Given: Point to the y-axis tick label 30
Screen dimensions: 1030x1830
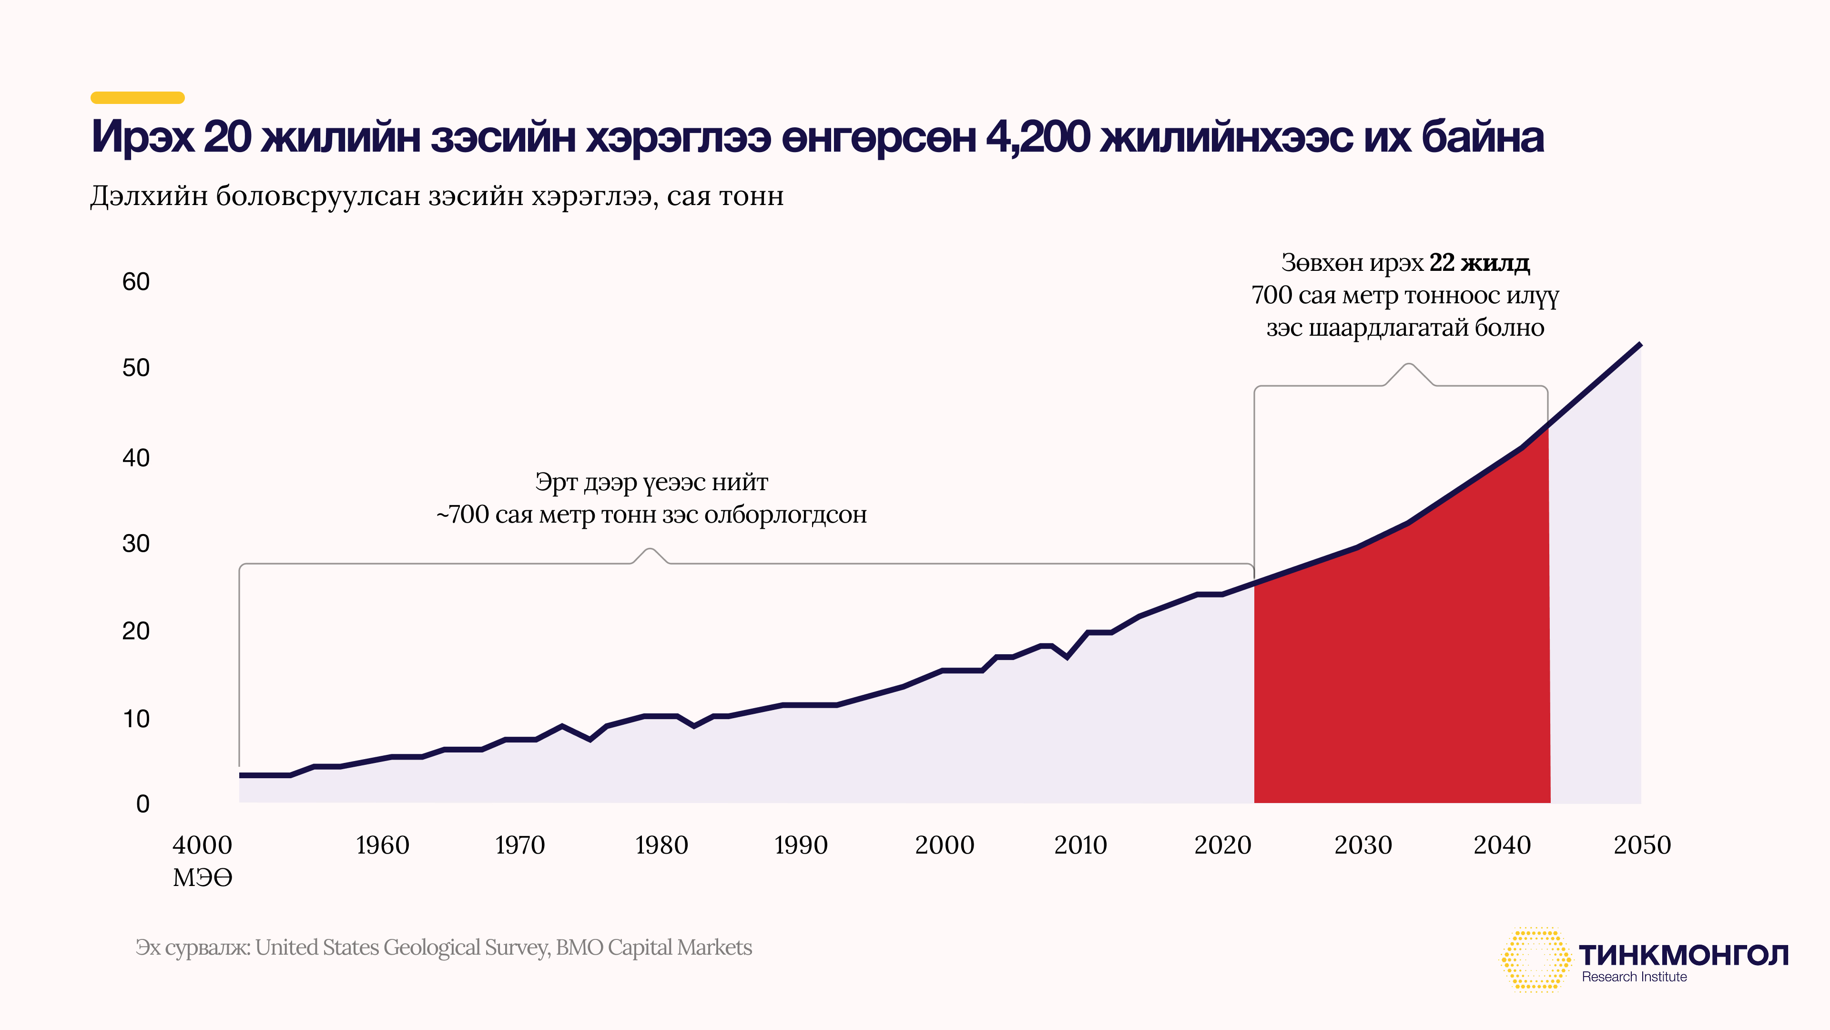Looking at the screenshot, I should [136, 544].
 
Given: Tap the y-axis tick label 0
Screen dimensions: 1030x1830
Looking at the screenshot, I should [143, 804].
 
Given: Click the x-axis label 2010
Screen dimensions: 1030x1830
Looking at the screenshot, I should [1080, 845].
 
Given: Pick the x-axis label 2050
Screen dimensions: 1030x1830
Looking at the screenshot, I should [1642, 845].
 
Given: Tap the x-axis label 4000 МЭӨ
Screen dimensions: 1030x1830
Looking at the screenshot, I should [203, 861].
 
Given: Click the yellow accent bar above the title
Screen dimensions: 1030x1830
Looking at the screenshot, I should [138, 97].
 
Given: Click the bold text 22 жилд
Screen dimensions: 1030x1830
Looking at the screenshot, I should [1480, 263].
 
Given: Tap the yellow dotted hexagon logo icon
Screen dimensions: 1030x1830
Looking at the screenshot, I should [1535, 959].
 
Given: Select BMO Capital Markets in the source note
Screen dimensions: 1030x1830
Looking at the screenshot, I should [653, 948].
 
